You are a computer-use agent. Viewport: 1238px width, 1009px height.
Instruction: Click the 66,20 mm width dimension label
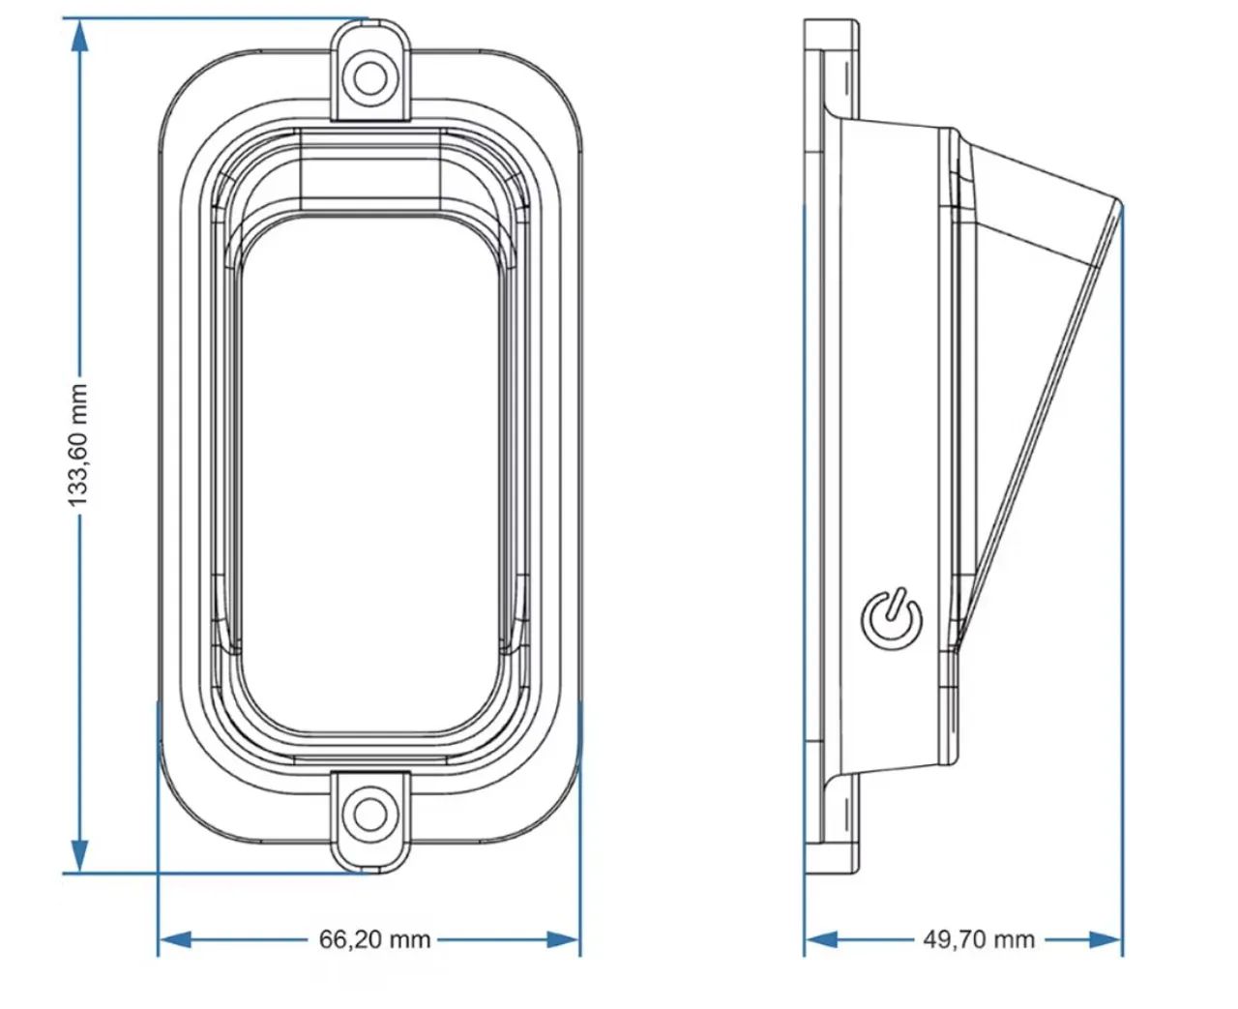(x=375, y=939)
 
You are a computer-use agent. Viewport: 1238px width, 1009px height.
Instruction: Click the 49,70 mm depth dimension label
(x=979, y=939)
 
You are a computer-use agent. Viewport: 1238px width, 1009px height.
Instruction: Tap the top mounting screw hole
(x=370, y=76)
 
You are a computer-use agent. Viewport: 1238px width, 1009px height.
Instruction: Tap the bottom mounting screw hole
(x=370, y=814)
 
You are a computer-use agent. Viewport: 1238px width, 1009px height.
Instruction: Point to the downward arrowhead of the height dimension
(x=79, y=855)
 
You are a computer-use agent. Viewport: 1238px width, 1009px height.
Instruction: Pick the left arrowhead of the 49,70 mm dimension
(x=821, y=939)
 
